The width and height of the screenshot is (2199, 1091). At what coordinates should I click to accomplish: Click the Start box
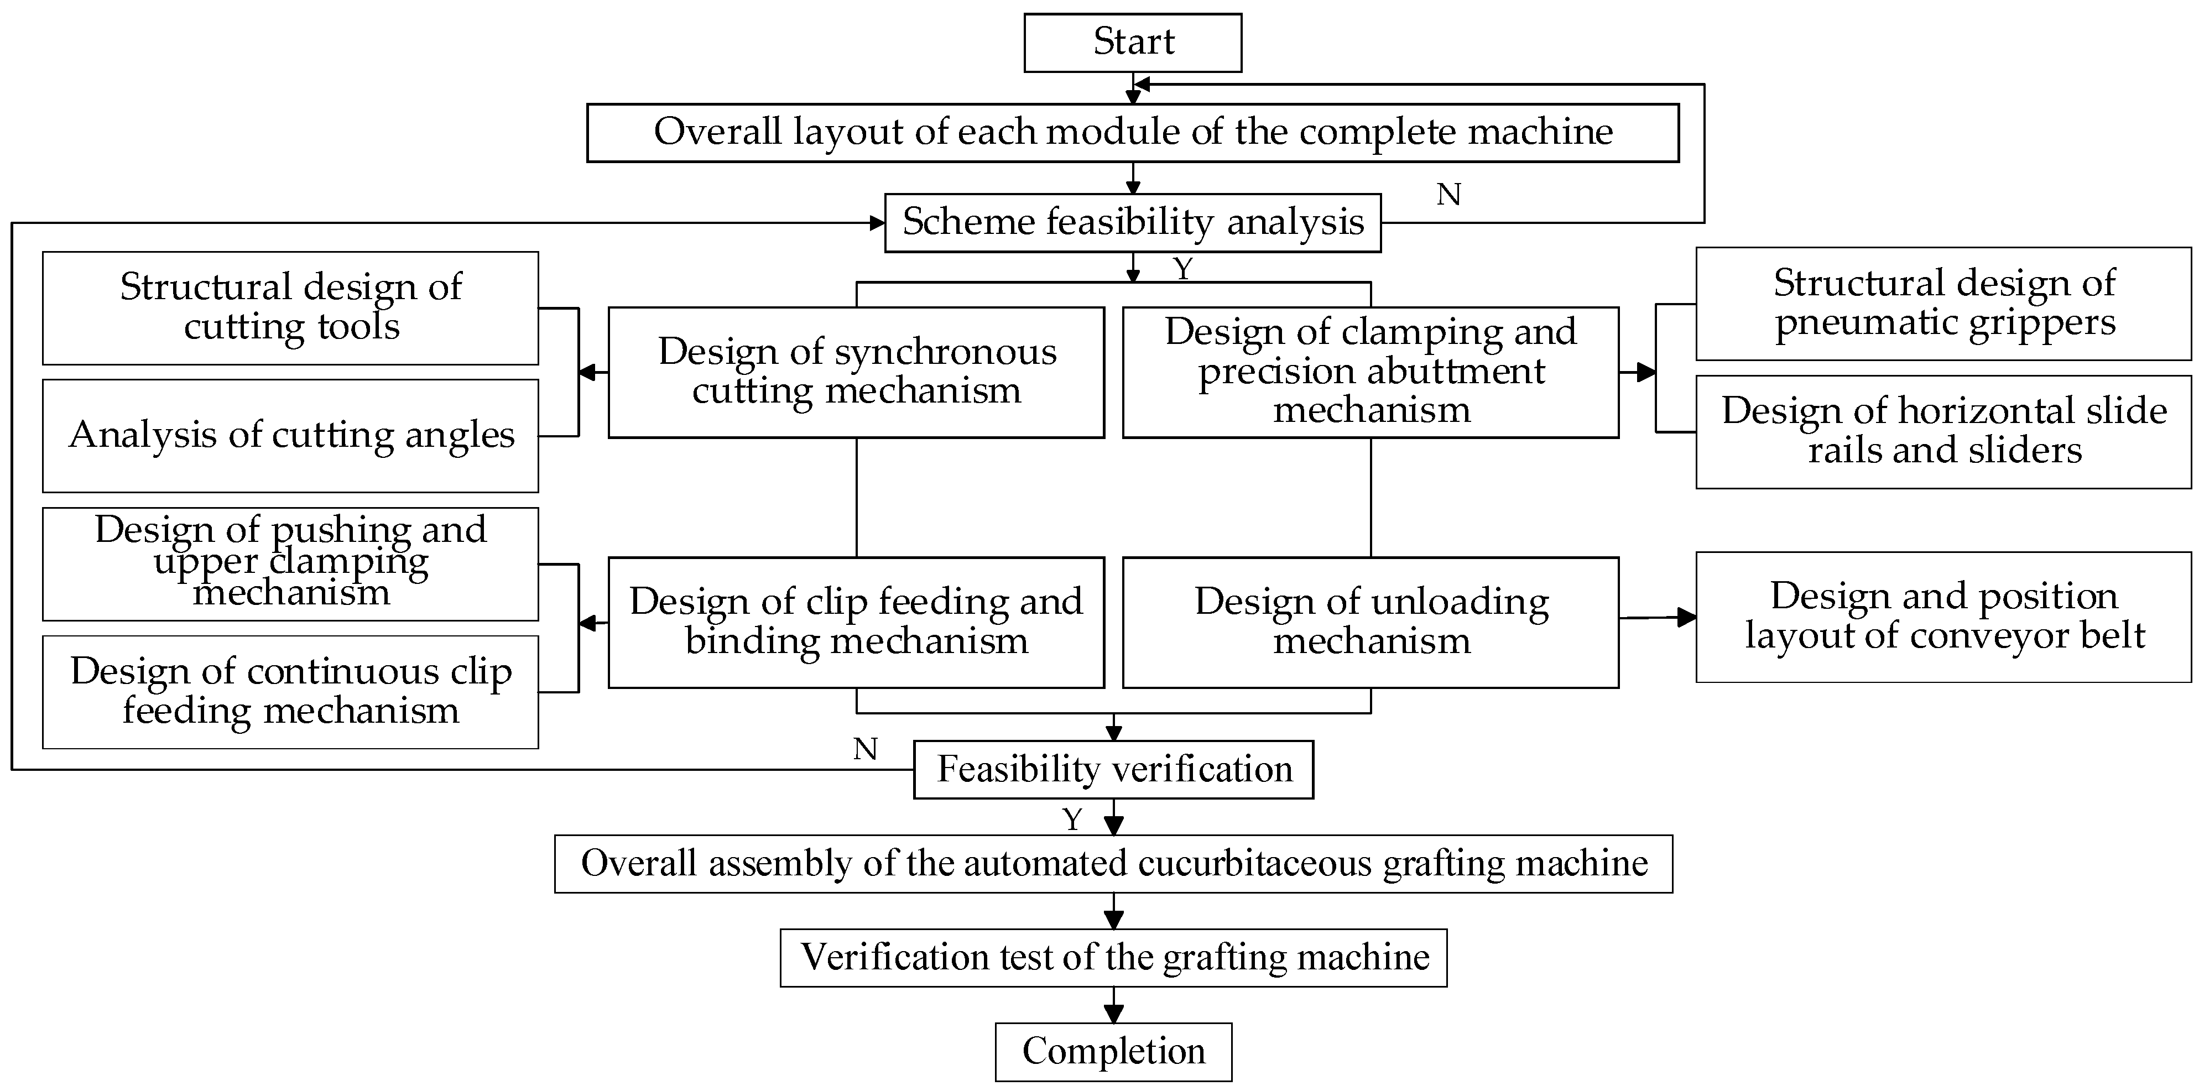1132,42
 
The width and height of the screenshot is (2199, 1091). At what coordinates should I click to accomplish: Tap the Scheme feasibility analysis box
1132,222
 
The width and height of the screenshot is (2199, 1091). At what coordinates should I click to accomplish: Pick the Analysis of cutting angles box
290,435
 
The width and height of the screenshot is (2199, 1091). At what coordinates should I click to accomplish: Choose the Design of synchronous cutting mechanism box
856,372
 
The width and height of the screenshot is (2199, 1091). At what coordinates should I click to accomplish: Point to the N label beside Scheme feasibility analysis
1448,195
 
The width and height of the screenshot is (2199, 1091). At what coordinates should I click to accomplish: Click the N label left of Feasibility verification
865,749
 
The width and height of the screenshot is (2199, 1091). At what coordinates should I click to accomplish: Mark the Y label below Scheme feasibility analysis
1182,269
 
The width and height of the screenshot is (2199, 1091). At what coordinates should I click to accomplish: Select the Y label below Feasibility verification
1072,819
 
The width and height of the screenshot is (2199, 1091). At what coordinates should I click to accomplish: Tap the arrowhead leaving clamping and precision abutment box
1646,372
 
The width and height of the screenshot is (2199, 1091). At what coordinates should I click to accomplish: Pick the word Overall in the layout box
717,132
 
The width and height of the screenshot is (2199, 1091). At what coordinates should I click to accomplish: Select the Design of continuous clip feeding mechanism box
290,691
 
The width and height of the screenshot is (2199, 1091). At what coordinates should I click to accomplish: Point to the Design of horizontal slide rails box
1943,431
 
